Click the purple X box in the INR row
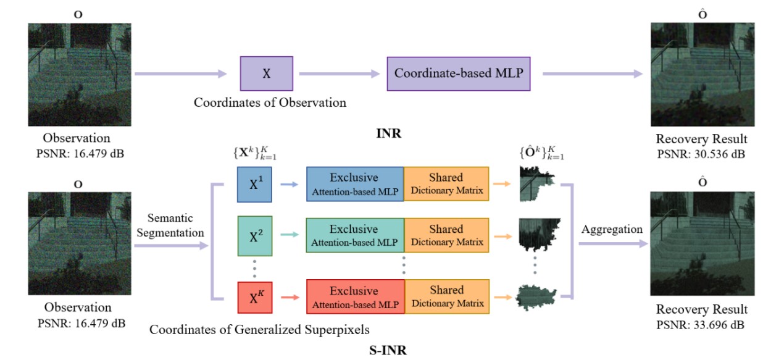267,73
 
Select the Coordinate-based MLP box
459,73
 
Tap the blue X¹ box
254,183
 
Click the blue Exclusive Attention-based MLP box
355,183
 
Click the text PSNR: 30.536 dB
703,154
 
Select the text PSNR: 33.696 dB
703,324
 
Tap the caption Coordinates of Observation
270,103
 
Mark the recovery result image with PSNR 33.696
703,243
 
